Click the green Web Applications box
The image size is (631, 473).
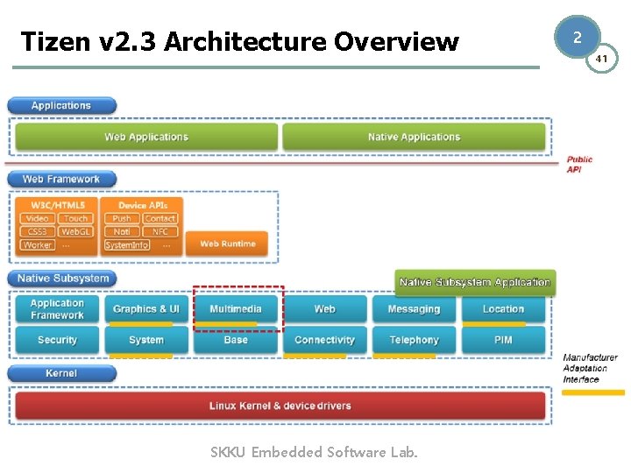[x=145, y=137]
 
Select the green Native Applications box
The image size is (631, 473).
[x=414, y=137]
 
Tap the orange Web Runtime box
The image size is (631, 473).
[x=227, y=244]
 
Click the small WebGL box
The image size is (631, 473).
[x=75, y=232]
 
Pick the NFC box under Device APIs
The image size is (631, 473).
[x=160, y=232]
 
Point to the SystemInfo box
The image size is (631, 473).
[x=126, y=245]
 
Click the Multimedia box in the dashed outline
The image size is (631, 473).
[x=235, y=309]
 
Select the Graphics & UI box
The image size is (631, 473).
[x=146, y=309]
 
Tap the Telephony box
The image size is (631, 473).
[x=414, y=340]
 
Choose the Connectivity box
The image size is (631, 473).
[x=324, y=340]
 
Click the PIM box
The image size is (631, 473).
[x=503, y=340]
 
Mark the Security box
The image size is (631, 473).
[x=57, y=340]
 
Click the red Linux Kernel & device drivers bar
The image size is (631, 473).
[x=280, y=406]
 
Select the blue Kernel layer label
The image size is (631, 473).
[x=61, y=374]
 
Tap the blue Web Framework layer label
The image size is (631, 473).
[x=61, y=180]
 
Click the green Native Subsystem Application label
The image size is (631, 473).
[x=474, y=282]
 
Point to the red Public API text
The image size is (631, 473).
[x=579, y=165]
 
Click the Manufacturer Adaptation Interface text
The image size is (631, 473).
[x=590, y=369]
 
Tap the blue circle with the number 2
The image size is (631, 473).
[x=577, y=38]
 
